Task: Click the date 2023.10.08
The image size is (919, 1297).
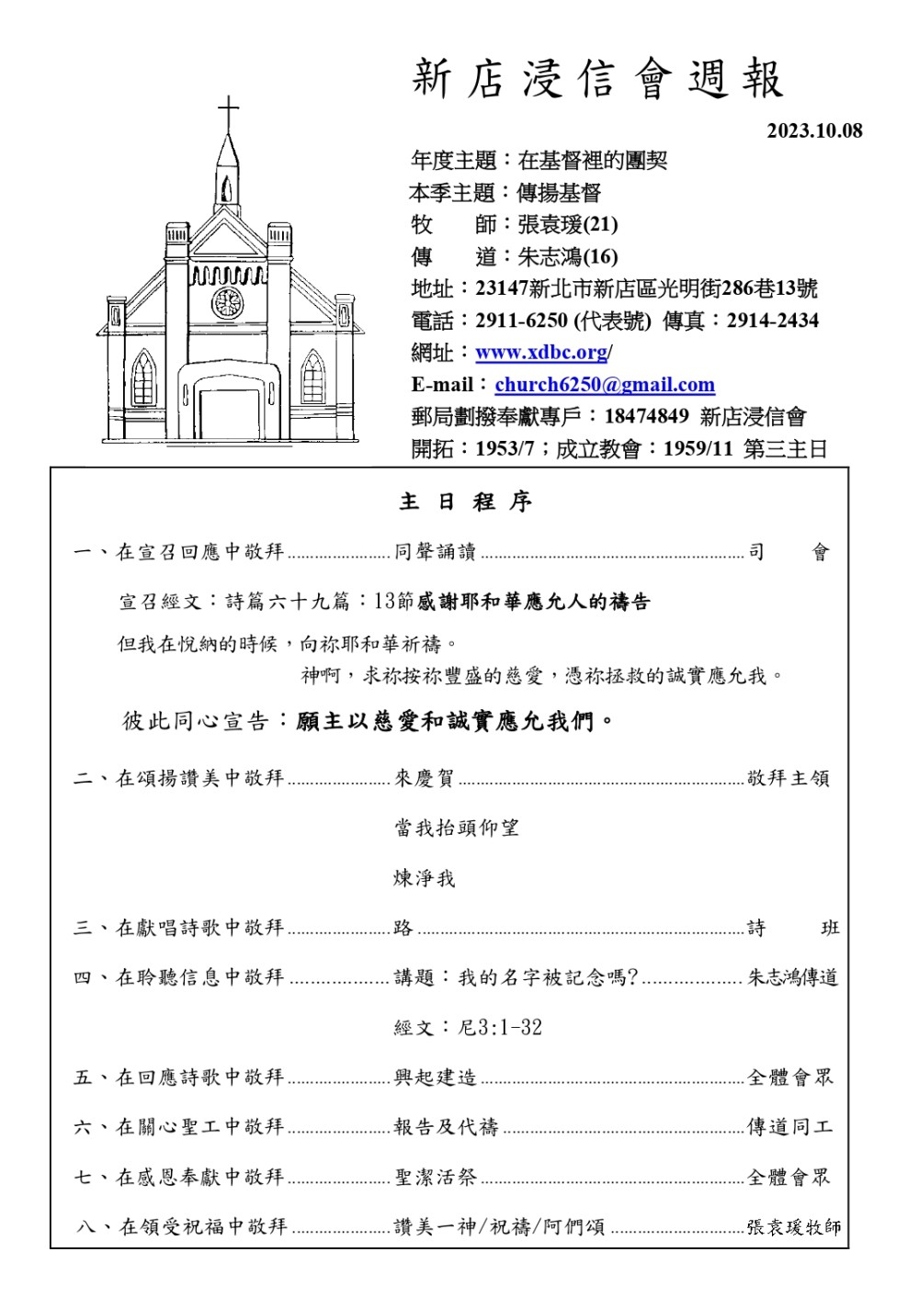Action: click(814, 131)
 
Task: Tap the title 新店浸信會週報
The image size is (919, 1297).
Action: click(597, 79)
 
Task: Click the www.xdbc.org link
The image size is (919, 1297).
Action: click(541, 353)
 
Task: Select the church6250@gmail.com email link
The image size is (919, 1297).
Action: click(605, 385)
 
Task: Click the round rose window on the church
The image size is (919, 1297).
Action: click(227, 302)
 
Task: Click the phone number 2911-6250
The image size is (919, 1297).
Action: click(521, 321)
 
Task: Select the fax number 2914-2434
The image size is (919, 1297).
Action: click(772, 321)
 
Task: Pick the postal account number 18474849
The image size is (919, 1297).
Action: click(646, 416)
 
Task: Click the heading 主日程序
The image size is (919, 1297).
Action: click(465, 502)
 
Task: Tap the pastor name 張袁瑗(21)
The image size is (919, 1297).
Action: click(568, 224)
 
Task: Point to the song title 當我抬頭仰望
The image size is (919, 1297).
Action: click(457, 828)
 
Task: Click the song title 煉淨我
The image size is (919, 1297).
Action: click(424, 878)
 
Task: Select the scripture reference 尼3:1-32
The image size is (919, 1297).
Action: click(500, 1027)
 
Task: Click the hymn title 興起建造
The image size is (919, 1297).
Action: click(435, 1077)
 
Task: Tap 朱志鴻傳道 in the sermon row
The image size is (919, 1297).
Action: click(792, 977)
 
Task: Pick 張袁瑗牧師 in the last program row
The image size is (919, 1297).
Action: click(793, 1226)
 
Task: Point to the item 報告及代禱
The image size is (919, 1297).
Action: click(446, 1126)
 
